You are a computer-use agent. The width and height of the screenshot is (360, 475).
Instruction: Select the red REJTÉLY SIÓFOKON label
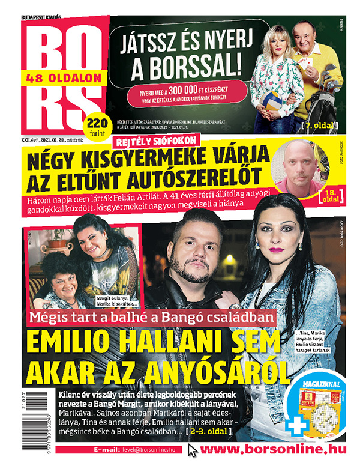coord(157,141)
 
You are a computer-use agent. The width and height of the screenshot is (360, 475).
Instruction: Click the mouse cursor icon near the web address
coord(193,450)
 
